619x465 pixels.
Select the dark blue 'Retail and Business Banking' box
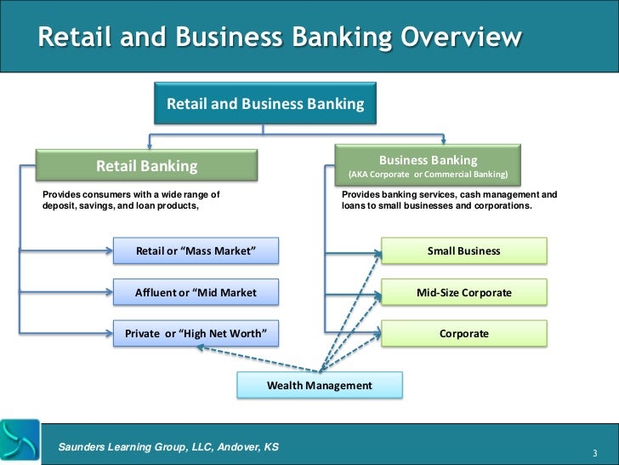[x=264, y=105]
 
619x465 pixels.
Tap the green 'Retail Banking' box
[x=146, y=166]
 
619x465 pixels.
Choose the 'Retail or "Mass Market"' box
[x=196, y=251]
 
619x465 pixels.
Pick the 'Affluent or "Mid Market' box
[x=196, y=293]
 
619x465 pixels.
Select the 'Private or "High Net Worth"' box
[x=196, y=333]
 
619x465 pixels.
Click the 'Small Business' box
[x=463, y=251]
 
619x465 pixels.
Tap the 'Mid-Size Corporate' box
[x=463, y=293]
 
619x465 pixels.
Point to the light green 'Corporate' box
[x=463, y=334]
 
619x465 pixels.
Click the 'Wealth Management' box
[x=319, y=386]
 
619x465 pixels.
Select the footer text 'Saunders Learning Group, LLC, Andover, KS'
[x=168, y=447]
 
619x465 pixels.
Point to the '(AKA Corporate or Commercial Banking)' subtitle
[x=428, y=175]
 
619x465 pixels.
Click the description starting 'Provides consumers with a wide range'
[x=131, y=200]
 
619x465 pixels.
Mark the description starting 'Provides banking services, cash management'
[x=449, y=200]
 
